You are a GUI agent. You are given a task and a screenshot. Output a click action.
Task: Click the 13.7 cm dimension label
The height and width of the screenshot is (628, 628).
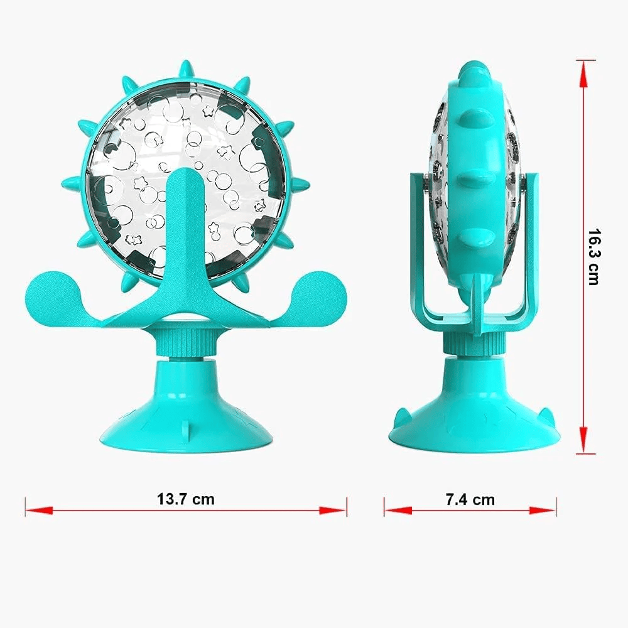[186, 499]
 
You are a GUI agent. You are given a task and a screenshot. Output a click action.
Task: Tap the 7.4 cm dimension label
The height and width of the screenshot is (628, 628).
[470, 499]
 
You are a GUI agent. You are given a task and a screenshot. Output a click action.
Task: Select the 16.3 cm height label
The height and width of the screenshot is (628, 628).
[594, 256]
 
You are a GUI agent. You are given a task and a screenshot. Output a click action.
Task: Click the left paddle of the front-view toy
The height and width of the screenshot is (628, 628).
[53, 293]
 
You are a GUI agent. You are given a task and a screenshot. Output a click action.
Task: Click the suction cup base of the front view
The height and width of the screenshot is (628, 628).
[185, 414]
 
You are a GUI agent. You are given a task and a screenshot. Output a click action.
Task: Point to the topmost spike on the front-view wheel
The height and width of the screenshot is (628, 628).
[186, 69]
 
